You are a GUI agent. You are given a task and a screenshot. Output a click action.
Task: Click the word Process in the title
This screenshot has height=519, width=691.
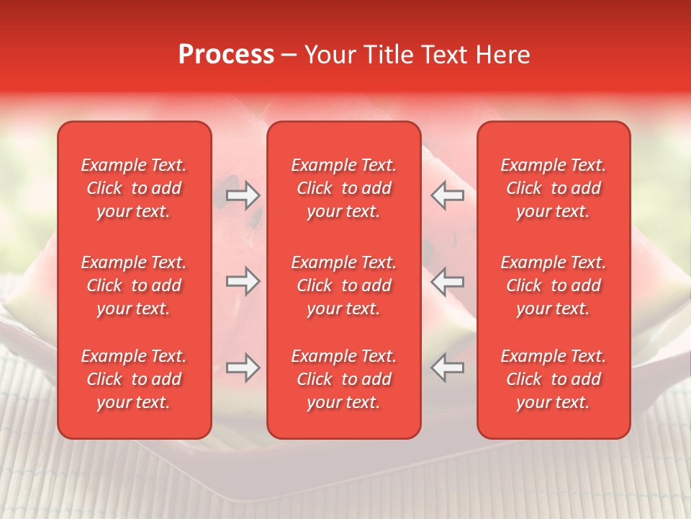click(x=226, y=55)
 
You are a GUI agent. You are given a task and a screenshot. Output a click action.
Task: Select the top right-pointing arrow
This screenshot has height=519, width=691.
click(x=243, y=195)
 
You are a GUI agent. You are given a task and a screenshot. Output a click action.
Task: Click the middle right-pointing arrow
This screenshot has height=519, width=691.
click(x=243, y=281)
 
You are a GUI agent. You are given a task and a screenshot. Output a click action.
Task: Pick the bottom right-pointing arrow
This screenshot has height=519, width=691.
click(x=243, y=368)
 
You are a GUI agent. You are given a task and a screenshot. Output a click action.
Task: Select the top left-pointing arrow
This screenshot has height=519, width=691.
click(x=447, y=195)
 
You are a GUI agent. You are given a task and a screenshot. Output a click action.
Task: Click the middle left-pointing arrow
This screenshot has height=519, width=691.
click(x=447, y=281)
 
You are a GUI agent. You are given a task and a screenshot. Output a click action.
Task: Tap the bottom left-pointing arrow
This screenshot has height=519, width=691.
click(x=447, y=368)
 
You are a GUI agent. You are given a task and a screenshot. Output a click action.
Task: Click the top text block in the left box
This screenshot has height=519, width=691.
click(x=134, y=188)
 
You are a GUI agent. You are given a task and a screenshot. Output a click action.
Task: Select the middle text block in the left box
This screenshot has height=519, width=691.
click(x=134, y=285)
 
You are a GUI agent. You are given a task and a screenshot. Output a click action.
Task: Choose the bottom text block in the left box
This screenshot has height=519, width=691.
click(x=134, y=379)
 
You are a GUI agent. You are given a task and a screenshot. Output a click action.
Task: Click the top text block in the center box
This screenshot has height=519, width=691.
click(x=343, y=188)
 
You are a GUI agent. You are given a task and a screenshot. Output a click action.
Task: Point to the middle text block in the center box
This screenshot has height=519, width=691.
click(x=343, y=285)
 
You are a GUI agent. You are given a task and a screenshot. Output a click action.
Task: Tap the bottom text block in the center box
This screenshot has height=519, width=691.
click(x=343, y=379)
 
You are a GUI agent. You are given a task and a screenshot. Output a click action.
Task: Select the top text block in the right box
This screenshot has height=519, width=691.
click(x=553, y=188)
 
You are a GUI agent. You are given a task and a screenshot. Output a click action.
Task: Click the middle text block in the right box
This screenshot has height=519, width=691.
click(x=553, y=285)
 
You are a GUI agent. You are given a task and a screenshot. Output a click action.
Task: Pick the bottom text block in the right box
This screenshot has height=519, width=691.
click(x=553, y=379)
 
